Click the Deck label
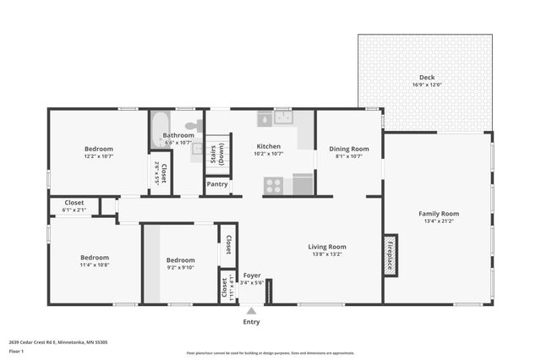[x=427, y=77]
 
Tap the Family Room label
[x=438, y=214]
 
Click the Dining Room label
[x=348, y=149]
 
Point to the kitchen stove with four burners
[x=273, y=185]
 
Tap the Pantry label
[x=217, y=183]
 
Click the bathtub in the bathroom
[x=160, y=130]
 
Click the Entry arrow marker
[x=251, y=311]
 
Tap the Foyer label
[x=252, y=275]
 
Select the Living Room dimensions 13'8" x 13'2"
[x=329, y=254]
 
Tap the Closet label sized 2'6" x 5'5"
[x=161, y=173]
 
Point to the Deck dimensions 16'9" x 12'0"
[x=427, y=85]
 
